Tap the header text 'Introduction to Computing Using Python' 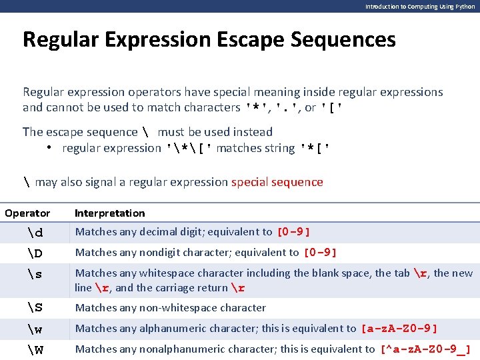[419, 6]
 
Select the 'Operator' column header [27, 213]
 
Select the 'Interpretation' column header [110, 213]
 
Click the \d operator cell [35, 233]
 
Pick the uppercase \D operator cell [35, 253]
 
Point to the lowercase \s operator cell [35, 274]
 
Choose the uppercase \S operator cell [35, 307]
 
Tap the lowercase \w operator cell [35, 329]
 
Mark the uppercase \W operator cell [35, 349]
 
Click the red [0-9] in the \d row [293, 232]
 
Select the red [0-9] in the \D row [320, 253]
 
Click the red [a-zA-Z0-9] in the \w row [399, 329]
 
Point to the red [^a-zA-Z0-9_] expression [425, 349]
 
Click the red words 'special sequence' [277, 182]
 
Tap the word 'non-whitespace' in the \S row [169, 308]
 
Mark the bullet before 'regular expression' [50, 148]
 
